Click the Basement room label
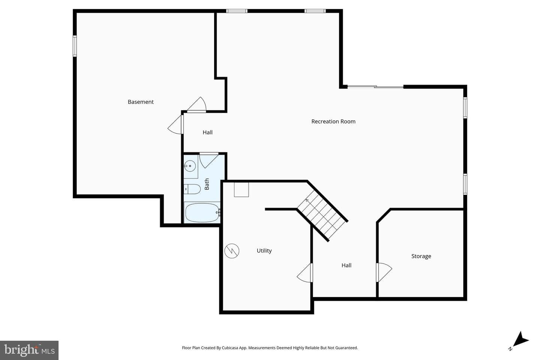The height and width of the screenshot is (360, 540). (x=141, y=102)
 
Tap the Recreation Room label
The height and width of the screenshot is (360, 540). (x=333, y=121)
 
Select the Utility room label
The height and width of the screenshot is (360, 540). (x=264, y=251)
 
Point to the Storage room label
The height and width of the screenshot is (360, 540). (x=421, y=256)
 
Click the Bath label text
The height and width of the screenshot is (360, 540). (x=207, y=184)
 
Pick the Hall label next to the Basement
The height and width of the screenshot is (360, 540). (x=208, y=132)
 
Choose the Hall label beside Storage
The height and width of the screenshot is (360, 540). (x=346, y=265)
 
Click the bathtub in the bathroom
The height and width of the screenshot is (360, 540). (x=202, y=212)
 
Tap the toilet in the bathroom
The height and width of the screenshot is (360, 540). (x=192, y=189)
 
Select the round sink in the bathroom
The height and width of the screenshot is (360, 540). (x=190, y=166)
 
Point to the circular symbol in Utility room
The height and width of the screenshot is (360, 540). (x=232, y=251)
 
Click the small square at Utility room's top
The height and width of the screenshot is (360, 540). (x=241, y=190)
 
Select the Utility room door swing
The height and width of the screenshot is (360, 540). (x=305, y=273)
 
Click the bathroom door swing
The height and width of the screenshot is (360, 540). (x=209, y=160)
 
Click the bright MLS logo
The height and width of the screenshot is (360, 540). (x=29, y=350)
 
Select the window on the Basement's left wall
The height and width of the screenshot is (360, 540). (x=75, y=46)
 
